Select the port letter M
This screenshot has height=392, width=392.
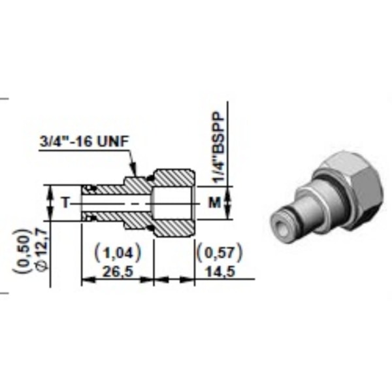(x=212, y=203)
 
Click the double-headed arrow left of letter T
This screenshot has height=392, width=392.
(x=50, y=203)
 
